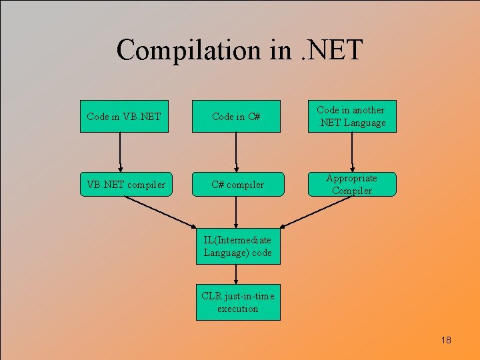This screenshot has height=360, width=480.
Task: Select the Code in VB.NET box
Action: pos(124,117)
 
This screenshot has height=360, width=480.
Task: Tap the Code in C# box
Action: pos(236,117)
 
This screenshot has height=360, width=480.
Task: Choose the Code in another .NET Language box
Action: pos(351,116)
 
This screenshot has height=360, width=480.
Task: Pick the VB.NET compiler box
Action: pos(124,185)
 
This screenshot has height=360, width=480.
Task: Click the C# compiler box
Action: pos(237,185)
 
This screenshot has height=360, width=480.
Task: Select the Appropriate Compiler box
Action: pos(351,184)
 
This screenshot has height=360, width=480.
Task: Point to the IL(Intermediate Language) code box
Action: pos(237,246)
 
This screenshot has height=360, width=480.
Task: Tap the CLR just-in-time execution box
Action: pos(237,303)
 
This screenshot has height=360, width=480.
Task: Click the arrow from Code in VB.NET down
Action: pos(121,151)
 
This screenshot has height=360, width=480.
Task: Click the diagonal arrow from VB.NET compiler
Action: pos(160,211)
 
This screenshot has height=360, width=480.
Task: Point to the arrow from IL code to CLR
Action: pos(237,274)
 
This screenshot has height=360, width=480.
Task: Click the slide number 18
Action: pos(446,341)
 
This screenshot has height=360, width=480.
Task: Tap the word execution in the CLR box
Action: pos(237,309)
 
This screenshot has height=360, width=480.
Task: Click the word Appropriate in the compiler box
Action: pos(351,178)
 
